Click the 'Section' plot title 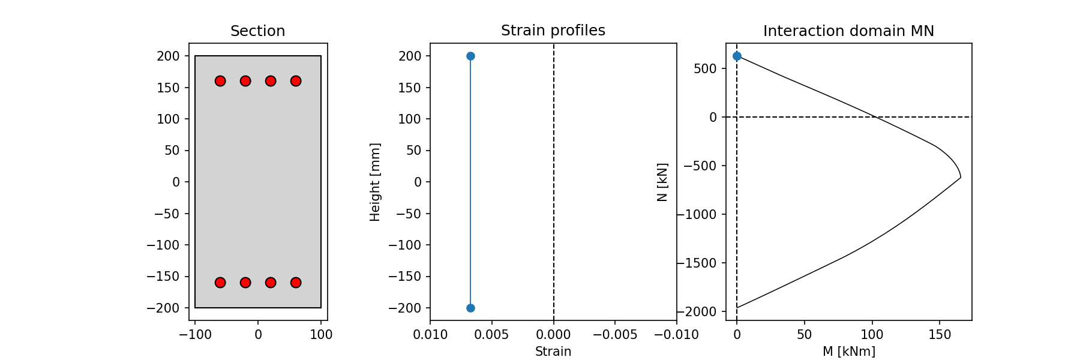[x=257, y=31]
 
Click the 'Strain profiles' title [x=553, y=31]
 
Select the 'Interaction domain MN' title [x=848, y=31]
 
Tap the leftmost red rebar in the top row [x=220, y=81]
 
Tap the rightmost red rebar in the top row [x=296, y=81]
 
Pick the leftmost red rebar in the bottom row [x=220, y=283]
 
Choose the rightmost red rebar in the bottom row [x=296, y=283]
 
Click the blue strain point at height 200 [x=470, y=56]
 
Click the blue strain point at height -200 [x=470, y=308]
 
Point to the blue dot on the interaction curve [x=737, y=56]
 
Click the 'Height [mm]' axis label [x=375, y=182]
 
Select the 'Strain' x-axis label [x=553, y=352]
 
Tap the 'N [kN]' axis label [x=662, y=182]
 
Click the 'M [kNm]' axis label [x=848, y=352]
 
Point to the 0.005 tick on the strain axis [x=492, y=335]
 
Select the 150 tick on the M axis [x=940, y=335]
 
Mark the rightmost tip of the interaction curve [x=961, y=178]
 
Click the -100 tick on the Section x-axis [x=195, y=335]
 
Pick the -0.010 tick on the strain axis [x=677, y=335]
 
